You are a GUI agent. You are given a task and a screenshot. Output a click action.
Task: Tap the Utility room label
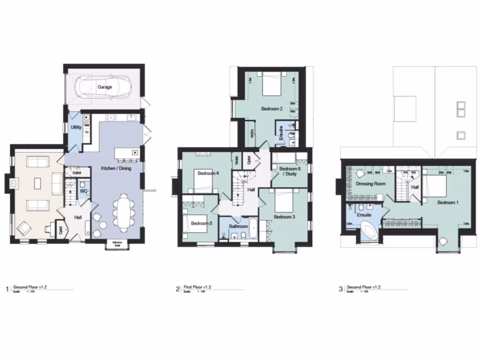pyautogui.click(x=76, y=127)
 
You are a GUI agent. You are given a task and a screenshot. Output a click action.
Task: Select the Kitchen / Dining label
pyautogui.click(x=116, y=168)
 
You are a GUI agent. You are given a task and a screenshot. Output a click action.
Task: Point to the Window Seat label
pyautogui.click(x=117, y=243)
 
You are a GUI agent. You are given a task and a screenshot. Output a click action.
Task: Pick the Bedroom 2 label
pyautogui.click(x=271, y=109)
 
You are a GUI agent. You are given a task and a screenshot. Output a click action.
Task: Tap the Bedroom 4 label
pyautogui.click(x=208, y=173)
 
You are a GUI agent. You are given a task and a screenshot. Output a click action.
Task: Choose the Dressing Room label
pyautogui.click(x=370, y=184)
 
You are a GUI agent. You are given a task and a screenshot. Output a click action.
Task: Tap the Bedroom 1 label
pyautogui.click(x=448, y=202)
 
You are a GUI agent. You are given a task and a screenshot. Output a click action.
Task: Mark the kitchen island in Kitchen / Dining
pyautogui.click(x=128, y=153)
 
